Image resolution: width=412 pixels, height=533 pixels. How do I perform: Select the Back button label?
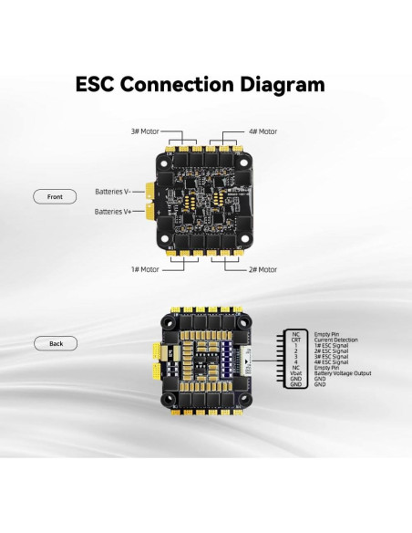(57, 343)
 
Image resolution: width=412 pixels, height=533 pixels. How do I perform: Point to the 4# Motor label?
(263, 131)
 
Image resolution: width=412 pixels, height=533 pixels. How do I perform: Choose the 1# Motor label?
(143, 269)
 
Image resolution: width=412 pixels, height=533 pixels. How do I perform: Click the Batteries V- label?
(113, 192)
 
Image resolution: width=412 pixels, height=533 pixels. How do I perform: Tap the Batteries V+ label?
(113, 212)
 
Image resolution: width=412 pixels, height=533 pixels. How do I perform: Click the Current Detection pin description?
(336, 340)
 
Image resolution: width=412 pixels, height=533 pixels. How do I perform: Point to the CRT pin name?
(295, 340)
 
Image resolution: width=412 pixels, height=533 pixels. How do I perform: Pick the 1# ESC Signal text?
(331, 346)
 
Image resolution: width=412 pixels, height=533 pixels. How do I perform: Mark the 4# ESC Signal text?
(331, 361)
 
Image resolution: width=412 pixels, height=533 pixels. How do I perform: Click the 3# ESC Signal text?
(331, 355)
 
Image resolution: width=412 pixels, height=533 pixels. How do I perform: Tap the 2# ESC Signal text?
(331, 350)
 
